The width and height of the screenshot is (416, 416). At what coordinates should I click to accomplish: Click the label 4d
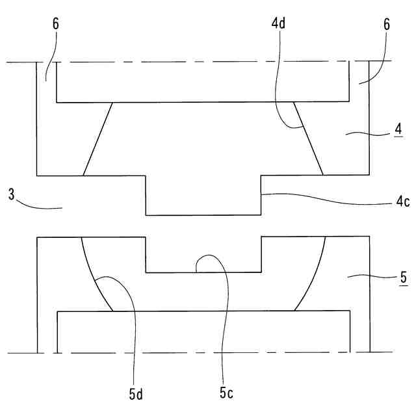278,24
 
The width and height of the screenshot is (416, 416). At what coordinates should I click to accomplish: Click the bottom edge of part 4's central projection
203,214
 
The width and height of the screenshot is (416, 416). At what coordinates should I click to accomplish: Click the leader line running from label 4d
275,78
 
